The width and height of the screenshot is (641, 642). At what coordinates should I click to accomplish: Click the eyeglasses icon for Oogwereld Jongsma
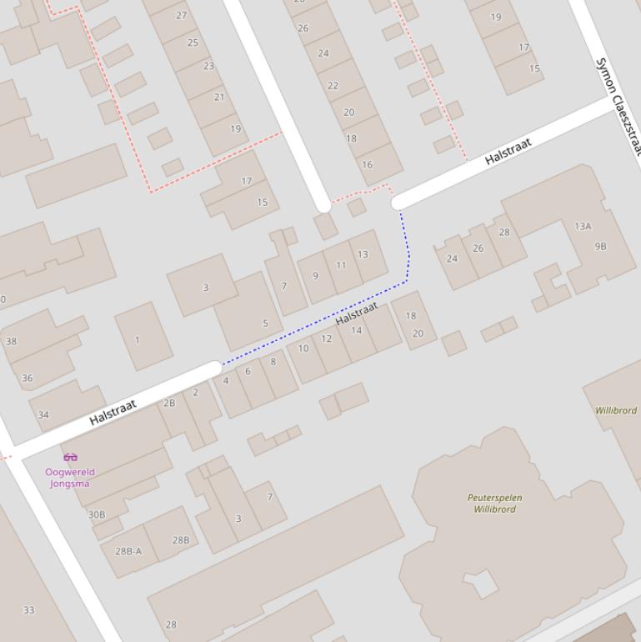tap(70, 457)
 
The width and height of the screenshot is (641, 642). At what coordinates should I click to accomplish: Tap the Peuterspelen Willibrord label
tap(494, 504)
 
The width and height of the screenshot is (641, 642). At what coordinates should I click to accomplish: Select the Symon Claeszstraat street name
tap(618, 106)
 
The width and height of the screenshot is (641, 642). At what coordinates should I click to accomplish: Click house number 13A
tap(583, 226)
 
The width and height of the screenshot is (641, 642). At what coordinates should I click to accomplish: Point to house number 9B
tap(600, 247)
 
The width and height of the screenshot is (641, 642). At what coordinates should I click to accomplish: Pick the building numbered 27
tap(182, 15)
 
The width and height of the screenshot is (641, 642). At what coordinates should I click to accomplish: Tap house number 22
tap(333, 86)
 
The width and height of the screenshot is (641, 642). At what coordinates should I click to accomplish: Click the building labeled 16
tap(367, 165)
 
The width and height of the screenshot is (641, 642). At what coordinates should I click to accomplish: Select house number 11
tap(341, 266)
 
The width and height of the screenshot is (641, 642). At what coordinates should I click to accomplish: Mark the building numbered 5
tap(266, 324)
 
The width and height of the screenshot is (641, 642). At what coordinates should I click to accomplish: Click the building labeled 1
tap(138, 340)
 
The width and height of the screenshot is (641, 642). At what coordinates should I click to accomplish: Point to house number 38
tap(11, 341)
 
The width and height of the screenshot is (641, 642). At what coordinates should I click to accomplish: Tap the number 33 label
tap(28, 610)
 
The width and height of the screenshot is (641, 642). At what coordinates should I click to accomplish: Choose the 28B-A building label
tap(128, 551)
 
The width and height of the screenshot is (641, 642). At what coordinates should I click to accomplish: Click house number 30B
tap(97, 514)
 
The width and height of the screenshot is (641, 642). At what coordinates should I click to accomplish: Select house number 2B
tap(169, 404)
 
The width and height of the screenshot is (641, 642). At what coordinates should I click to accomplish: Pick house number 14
tap(357, 330)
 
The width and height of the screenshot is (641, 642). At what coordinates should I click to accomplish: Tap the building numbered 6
tap(248, 372)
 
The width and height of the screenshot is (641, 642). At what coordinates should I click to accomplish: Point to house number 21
tap(219, 97)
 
